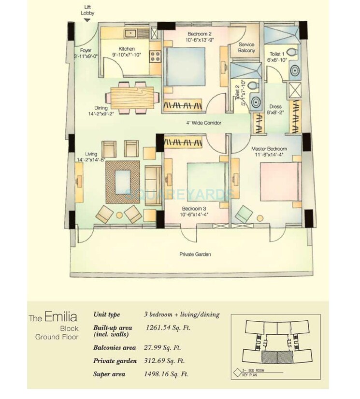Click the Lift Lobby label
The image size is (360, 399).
click(x=87, y=10)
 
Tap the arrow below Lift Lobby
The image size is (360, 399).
click(x=87, y=20)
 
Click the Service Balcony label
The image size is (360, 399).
click(x=246, y=47)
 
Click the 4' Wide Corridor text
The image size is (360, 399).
click(x=204, y=123)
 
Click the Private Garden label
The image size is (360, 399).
click(x=195, y=254)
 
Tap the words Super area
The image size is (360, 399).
click(x=109, y=374)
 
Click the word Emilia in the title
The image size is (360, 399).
click(x=61, y=317)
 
